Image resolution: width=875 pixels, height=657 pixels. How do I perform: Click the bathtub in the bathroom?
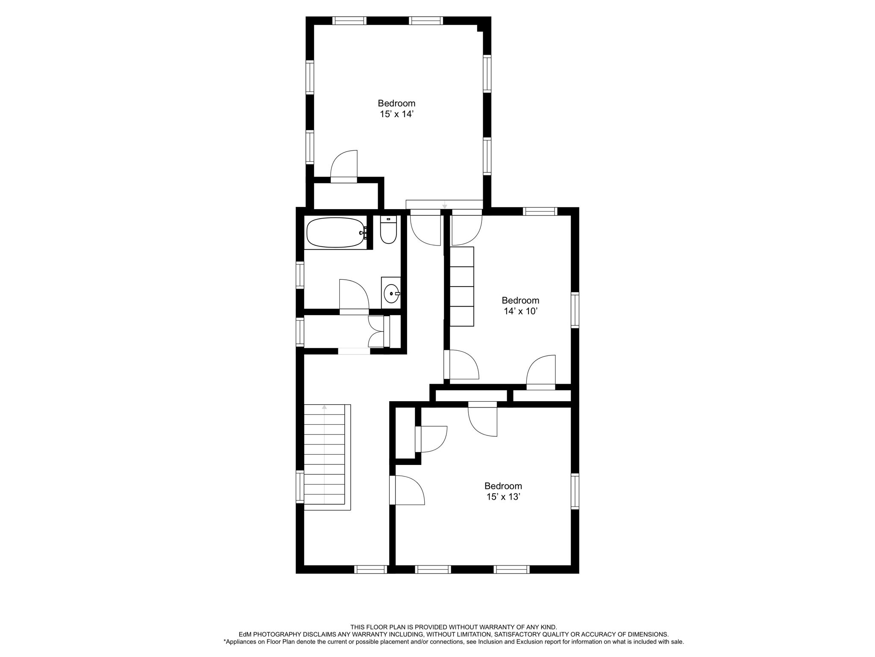(336, 233)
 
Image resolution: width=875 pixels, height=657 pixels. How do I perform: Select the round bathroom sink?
(391, 294)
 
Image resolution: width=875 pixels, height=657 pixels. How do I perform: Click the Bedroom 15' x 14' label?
(396, 109)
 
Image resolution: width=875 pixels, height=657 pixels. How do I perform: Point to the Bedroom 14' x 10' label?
(520, 306)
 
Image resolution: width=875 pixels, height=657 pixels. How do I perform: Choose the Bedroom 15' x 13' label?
(503, 491)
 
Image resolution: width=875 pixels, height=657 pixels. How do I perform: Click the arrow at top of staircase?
(324, 407)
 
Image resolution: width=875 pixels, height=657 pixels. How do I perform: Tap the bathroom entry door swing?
(354, 295)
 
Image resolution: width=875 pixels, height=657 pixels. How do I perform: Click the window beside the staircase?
(300, 486)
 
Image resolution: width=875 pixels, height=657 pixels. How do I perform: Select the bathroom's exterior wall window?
(300, 275)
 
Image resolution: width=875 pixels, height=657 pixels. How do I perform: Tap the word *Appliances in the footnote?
(239, 654)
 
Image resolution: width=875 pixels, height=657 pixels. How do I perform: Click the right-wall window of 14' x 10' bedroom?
(575, 310)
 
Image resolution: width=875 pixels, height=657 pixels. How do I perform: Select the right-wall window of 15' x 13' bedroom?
(575, 491)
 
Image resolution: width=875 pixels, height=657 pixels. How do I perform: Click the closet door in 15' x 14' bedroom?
(344, 167)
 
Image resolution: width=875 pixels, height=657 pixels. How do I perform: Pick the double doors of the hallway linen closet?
(376, 332)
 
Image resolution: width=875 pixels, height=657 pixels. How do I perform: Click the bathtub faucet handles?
(364, 233)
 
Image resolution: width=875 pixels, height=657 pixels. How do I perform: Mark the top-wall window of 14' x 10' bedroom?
(540, 211)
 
